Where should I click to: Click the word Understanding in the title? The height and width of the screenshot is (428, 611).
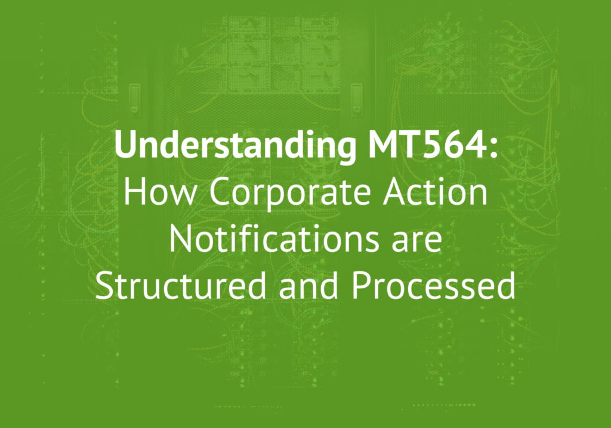[x=235, y=146]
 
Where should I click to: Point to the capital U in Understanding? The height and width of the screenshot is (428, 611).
[x=125, y=145]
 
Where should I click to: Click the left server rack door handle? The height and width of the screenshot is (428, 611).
[x=135, y=100]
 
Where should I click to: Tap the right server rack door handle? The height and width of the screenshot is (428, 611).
[x=356, y=100]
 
